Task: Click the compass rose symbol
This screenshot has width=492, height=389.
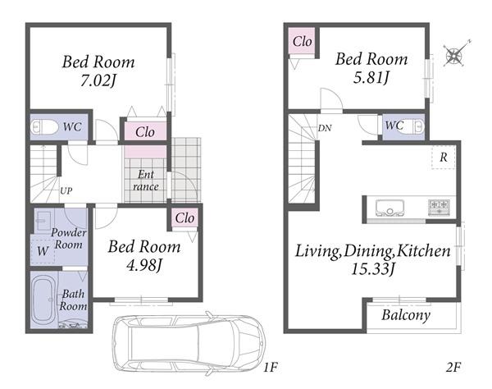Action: (454, 55)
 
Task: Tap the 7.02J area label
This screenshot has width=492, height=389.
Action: (98, 81)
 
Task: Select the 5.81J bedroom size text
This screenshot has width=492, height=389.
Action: (371, 77)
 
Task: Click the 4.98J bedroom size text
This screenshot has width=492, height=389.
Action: (144, 266)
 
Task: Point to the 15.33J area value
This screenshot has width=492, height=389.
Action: (373, 269)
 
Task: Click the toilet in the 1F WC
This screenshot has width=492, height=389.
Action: (44, 128)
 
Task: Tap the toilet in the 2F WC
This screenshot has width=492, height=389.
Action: (416, 127)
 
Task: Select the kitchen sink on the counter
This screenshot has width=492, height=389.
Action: (389, 208)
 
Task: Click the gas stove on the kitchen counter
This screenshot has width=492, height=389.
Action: (439, 208)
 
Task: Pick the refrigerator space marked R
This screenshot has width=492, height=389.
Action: (443, 158)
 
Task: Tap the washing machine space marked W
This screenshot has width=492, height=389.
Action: (43, 251)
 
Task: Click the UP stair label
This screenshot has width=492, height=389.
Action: (66, 191)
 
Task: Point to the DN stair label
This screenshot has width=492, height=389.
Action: (325, 128)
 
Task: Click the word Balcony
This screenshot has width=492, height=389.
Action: (406, 315)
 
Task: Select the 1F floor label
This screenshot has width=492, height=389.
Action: (271, 367)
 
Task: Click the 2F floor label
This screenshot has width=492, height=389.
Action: (453, 367)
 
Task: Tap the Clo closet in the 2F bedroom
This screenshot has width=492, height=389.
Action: (302, 41)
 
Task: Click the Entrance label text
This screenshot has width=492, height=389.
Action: (146, 181)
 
